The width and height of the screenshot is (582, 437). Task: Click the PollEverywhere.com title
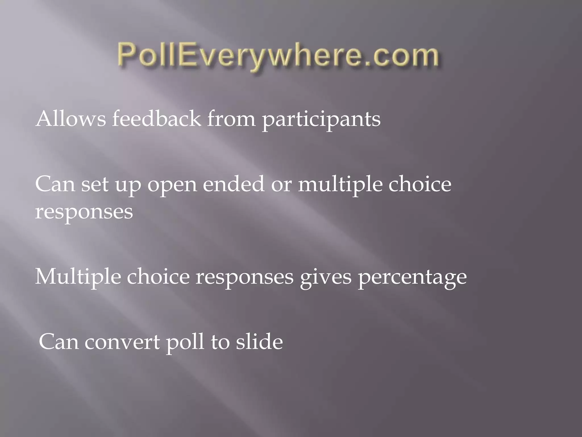pos(278,56)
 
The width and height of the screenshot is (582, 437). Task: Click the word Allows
pos(71,119)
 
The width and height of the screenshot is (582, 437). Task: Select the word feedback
pos(156,119)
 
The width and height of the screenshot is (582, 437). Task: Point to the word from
pos(231,119)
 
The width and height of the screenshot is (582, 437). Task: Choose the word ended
pos(233,184)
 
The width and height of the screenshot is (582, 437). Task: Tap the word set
pos(95,184)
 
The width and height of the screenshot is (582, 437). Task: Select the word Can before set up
pos(55,184)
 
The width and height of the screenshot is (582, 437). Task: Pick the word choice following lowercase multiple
pos(420,184)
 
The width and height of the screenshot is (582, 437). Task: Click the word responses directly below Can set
pos(84,212)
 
